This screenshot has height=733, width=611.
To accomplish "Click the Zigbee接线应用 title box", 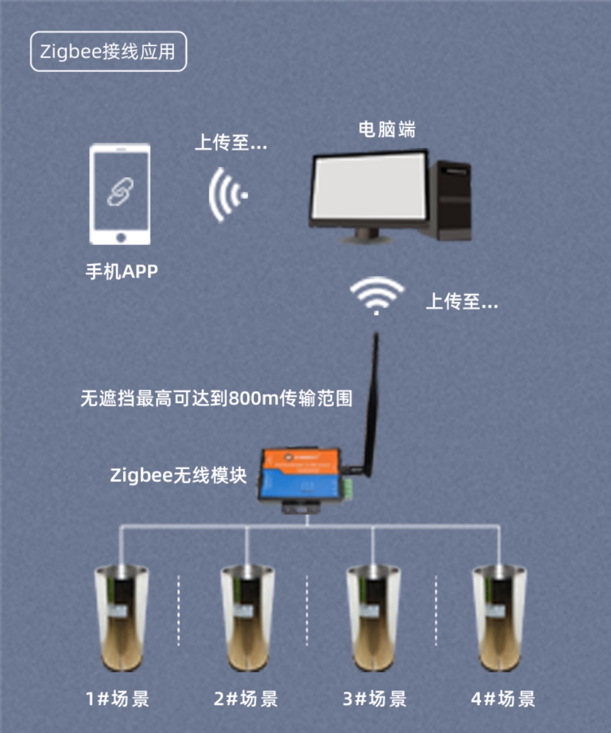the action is [x=109, y=52].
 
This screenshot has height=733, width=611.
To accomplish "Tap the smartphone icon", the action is [x=120, y=194].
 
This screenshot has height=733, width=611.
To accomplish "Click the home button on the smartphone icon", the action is [x=121, y=238].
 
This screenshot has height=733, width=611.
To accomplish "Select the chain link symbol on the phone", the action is [x=120, y=191].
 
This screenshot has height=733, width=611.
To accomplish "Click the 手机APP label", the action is [x=122, y=271].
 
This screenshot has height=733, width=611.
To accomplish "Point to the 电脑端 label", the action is [x=387, y=130].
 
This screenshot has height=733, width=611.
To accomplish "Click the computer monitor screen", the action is [x=369, y=188].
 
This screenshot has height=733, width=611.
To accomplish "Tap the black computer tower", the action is [x=450, y=200].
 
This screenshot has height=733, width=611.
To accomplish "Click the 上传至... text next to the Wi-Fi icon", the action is [x=462, y=301].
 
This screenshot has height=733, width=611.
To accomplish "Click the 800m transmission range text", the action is [x=217, y=398].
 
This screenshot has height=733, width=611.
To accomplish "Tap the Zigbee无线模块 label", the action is [x=178, y=475].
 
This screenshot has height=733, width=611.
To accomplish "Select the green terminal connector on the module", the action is [x=348, y=489].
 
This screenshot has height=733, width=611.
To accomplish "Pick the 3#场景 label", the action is [x=375, y=699].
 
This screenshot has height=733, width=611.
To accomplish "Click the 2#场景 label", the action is [x=246, y=699].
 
